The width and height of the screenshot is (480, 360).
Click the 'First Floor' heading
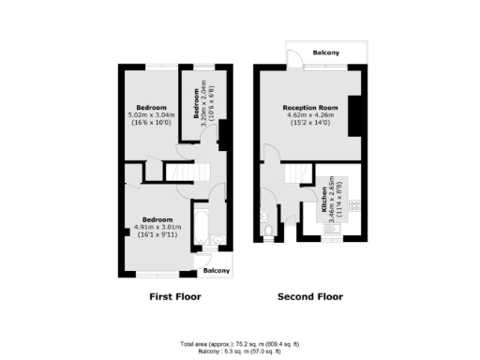175,297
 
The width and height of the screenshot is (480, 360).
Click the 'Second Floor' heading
309,297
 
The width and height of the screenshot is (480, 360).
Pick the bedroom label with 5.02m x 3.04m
150,107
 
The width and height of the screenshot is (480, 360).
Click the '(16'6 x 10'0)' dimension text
150,123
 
